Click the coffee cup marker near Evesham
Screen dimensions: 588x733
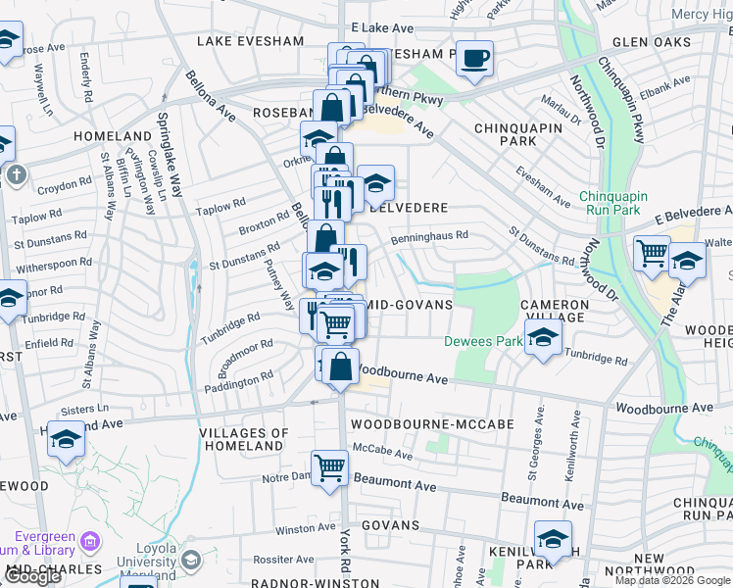pos(475,60)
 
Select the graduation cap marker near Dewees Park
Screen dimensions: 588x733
pos(542,338)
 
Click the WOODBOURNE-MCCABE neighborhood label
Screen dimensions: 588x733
pos(418,424)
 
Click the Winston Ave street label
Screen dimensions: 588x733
pos(306,529)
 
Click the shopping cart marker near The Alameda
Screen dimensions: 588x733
pos(652,254)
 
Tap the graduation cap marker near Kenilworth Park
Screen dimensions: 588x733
pos(553,539)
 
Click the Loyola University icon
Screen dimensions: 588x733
pos(190,560)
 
